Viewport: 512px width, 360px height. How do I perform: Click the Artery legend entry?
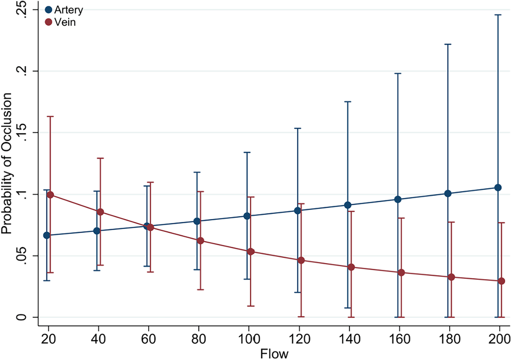coord(64,10)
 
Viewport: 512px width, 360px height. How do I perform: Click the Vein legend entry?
coord(60,22)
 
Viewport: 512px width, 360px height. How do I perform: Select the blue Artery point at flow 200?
coord(498,187)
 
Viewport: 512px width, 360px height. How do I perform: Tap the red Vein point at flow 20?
coord(50,195)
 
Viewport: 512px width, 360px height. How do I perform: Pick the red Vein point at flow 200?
coord(501,281)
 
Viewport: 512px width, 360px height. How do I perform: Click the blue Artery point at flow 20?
coord(46,235)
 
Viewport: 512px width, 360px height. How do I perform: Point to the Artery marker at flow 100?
coord(247,216)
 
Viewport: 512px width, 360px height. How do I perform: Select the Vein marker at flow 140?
coord(351,267)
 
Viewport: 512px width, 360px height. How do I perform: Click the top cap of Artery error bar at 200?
coord(498,15)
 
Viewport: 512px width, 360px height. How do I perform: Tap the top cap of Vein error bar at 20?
coord(50,116)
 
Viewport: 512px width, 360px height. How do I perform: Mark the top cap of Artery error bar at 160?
coord(398,73)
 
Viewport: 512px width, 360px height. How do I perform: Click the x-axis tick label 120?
coord(299,339)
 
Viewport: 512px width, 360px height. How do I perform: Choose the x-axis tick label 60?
coord(148,339)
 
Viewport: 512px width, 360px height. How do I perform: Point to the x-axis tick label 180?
coord(449,339)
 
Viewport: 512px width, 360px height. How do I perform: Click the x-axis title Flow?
coord(274,353)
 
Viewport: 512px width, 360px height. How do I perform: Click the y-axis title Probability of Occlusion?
coord(7,163)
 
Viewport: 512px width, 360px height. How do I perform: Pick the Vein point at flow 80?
coord(200,240)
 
